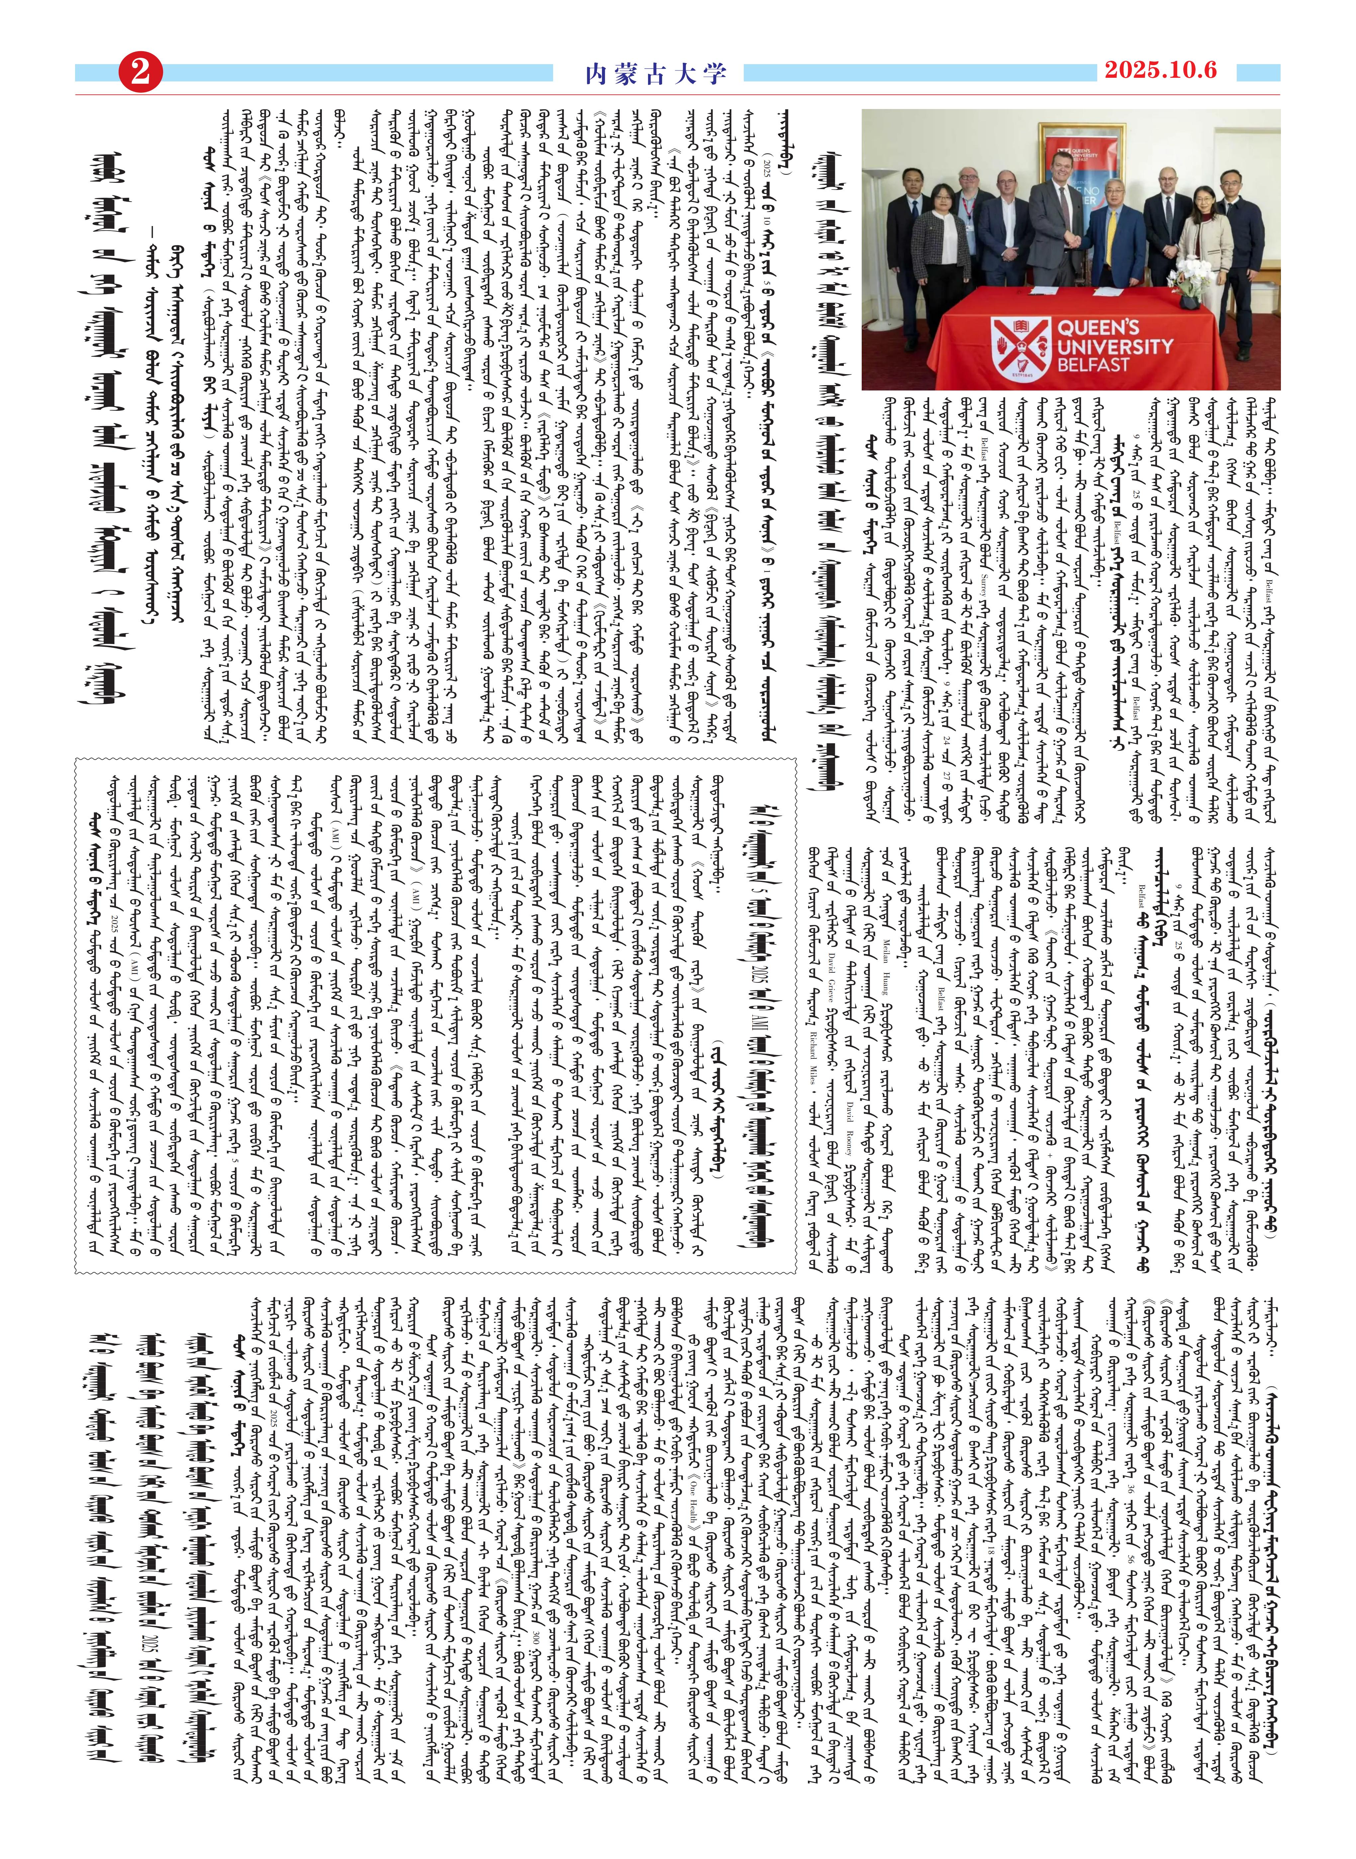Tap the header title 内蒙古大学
click(x=656, y=74)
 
